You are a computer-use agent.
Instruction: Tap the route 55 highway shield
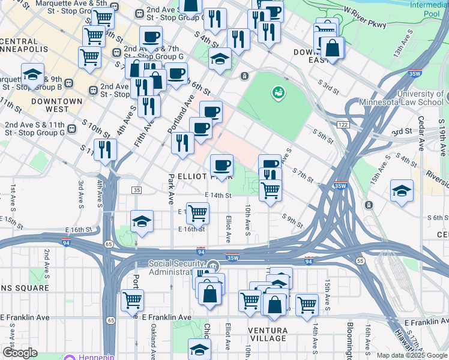tap(360, 262)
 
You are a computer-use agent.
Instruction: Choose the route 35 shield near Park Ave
tap(137, 190)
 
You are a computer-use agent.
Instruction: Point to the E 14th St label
tap(218, 196)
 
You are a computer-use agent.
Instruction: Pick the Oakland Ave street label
tap(154, 339)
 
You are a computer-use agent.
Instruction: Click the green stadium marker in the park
tap(278, 92)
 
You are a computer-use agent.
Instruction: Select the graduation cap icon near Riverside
tap(402, 190)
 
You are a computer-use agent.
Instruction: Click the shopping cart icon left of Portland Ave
tap(132, 299)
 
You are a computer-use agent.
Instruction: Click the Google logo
tap(20, 353)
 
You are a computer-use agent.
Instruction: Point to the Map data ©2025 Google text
tap(411, 355)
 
